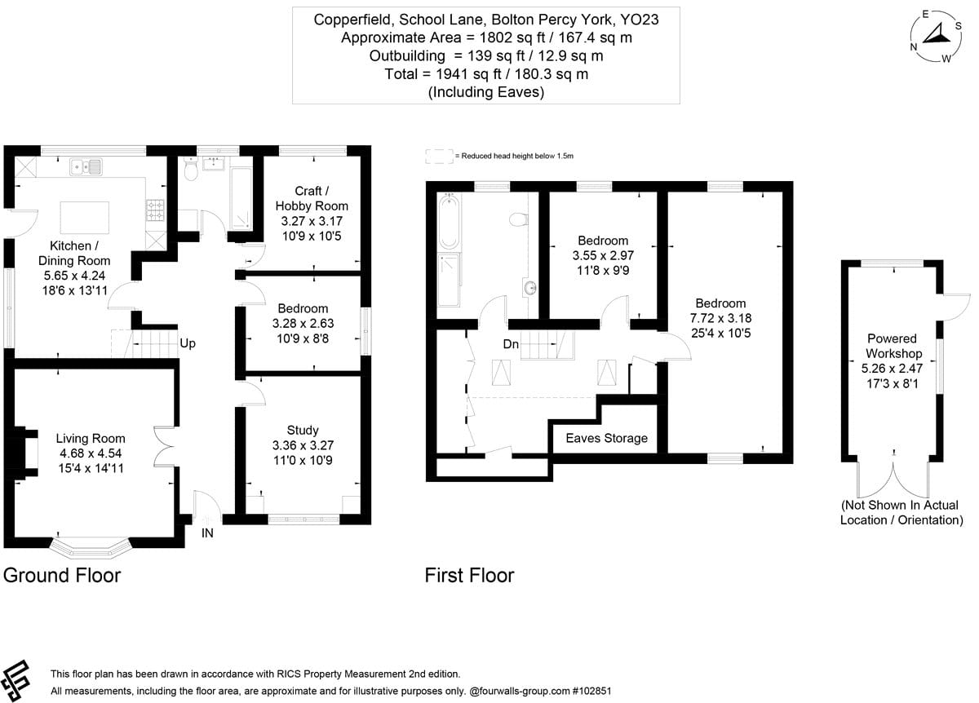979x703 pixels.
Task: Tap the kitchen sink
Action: tap(86, 166)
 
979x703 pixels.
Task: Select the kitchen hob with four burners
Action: tap(155, 210)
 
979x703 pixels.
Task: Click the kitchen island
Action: tap(84, 218)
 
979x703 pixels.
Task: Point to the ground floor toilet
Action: tap(191, 169)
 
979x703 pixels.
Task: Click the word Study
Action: tap(303, 431)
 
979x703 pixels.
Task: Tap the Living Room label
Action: tap(91, 438)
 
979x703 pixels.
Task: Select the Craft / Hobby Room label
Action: tap(312, 198)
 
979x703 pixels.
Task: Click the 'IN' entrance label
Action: tap(207, 533)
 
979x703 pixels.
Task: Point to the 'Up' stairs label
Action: tap(188, 343)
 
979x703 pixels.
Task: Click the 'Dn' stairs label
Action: tap(511, 344)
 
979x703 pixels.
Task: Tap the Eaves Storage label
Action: tap(607, 438)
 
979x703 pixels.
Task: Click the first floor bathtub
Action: tap(449, 222)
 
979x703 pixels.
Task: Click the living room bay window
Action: tap(91, 547)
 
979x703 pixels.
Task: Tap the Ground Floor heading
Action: tap(62, 576)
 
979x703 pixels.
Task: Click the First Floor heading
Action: tap(469, 576)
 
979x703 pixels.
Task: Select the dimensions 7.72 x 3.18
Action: tap(720, 318)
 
